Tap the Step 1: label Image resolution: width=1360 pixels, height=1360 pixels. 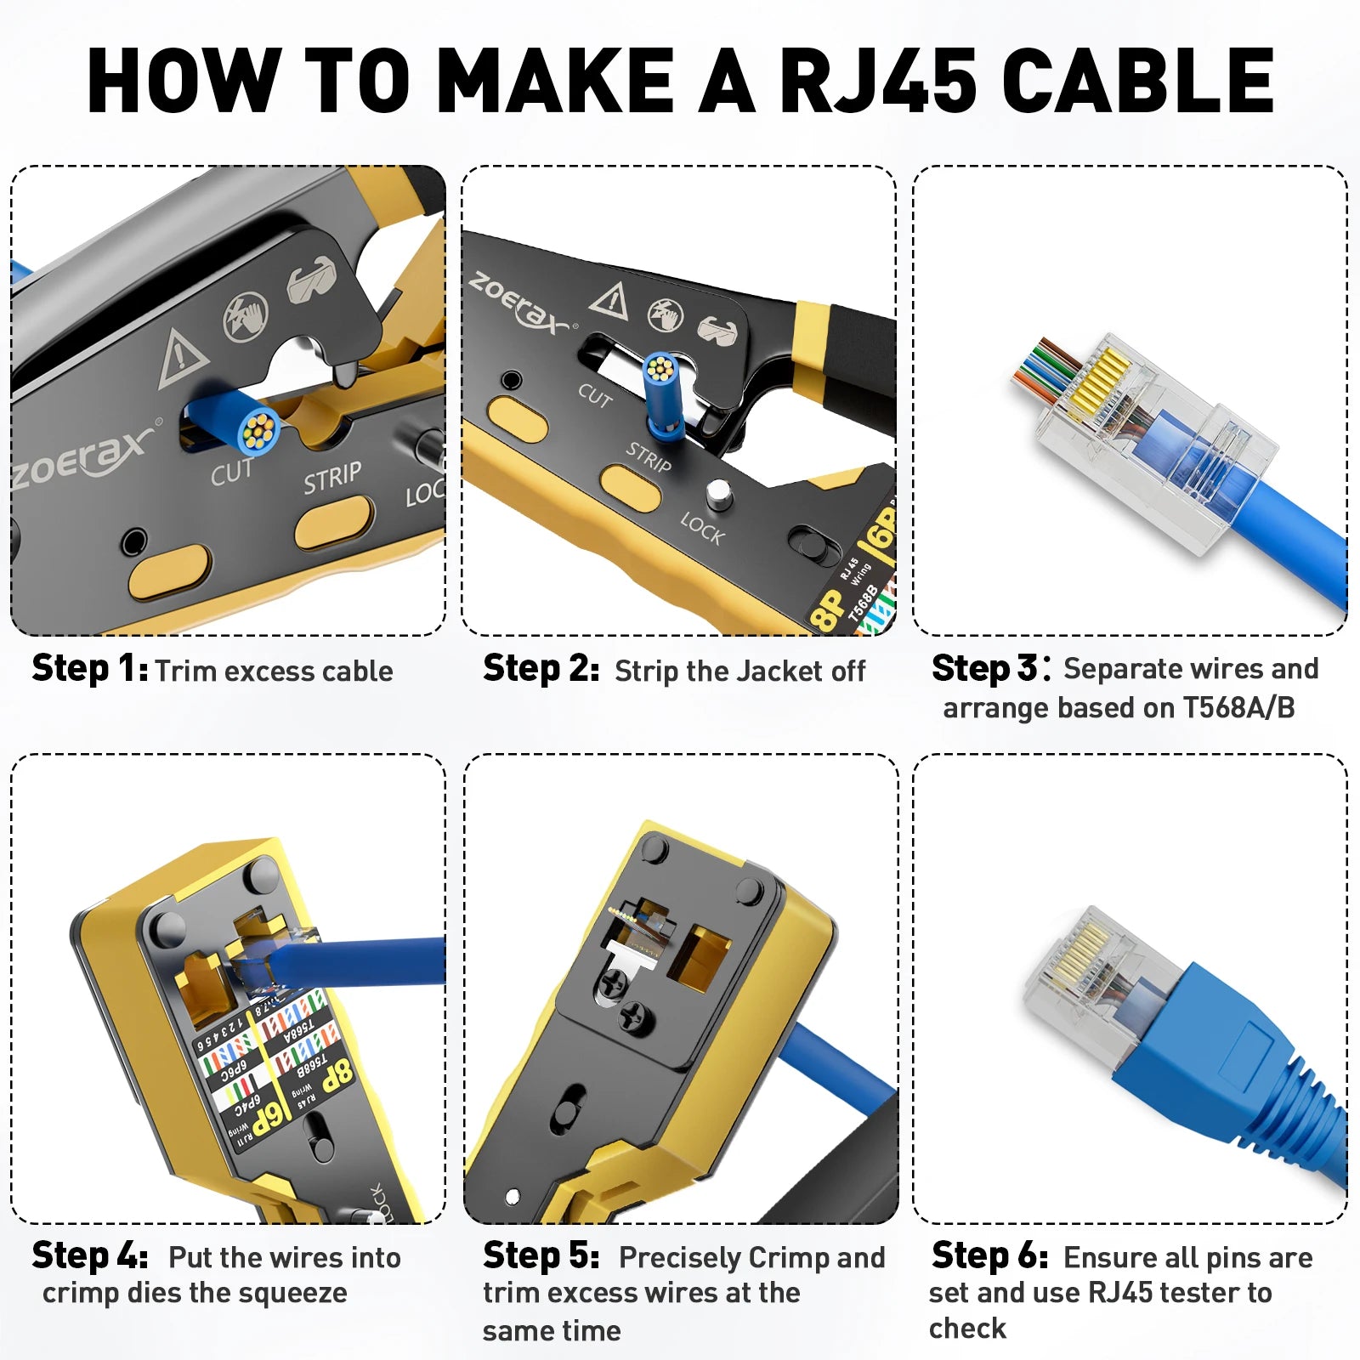(x=90, y=669)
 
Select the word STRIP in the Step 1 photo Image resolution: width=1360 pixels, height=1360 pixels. (x=332, y=478)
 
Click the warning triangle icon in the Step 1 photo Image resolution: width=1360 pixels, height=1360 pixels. (x=182, y=358)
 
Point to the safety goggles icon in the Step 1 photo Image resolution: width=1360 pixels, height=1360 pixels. (x=312, y=279)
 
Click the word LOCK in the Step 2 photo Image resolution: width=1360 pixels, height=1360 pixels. (x=702, y=529)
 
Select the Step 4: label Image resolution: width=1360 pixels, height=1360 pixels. (x=90, y=1255)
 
